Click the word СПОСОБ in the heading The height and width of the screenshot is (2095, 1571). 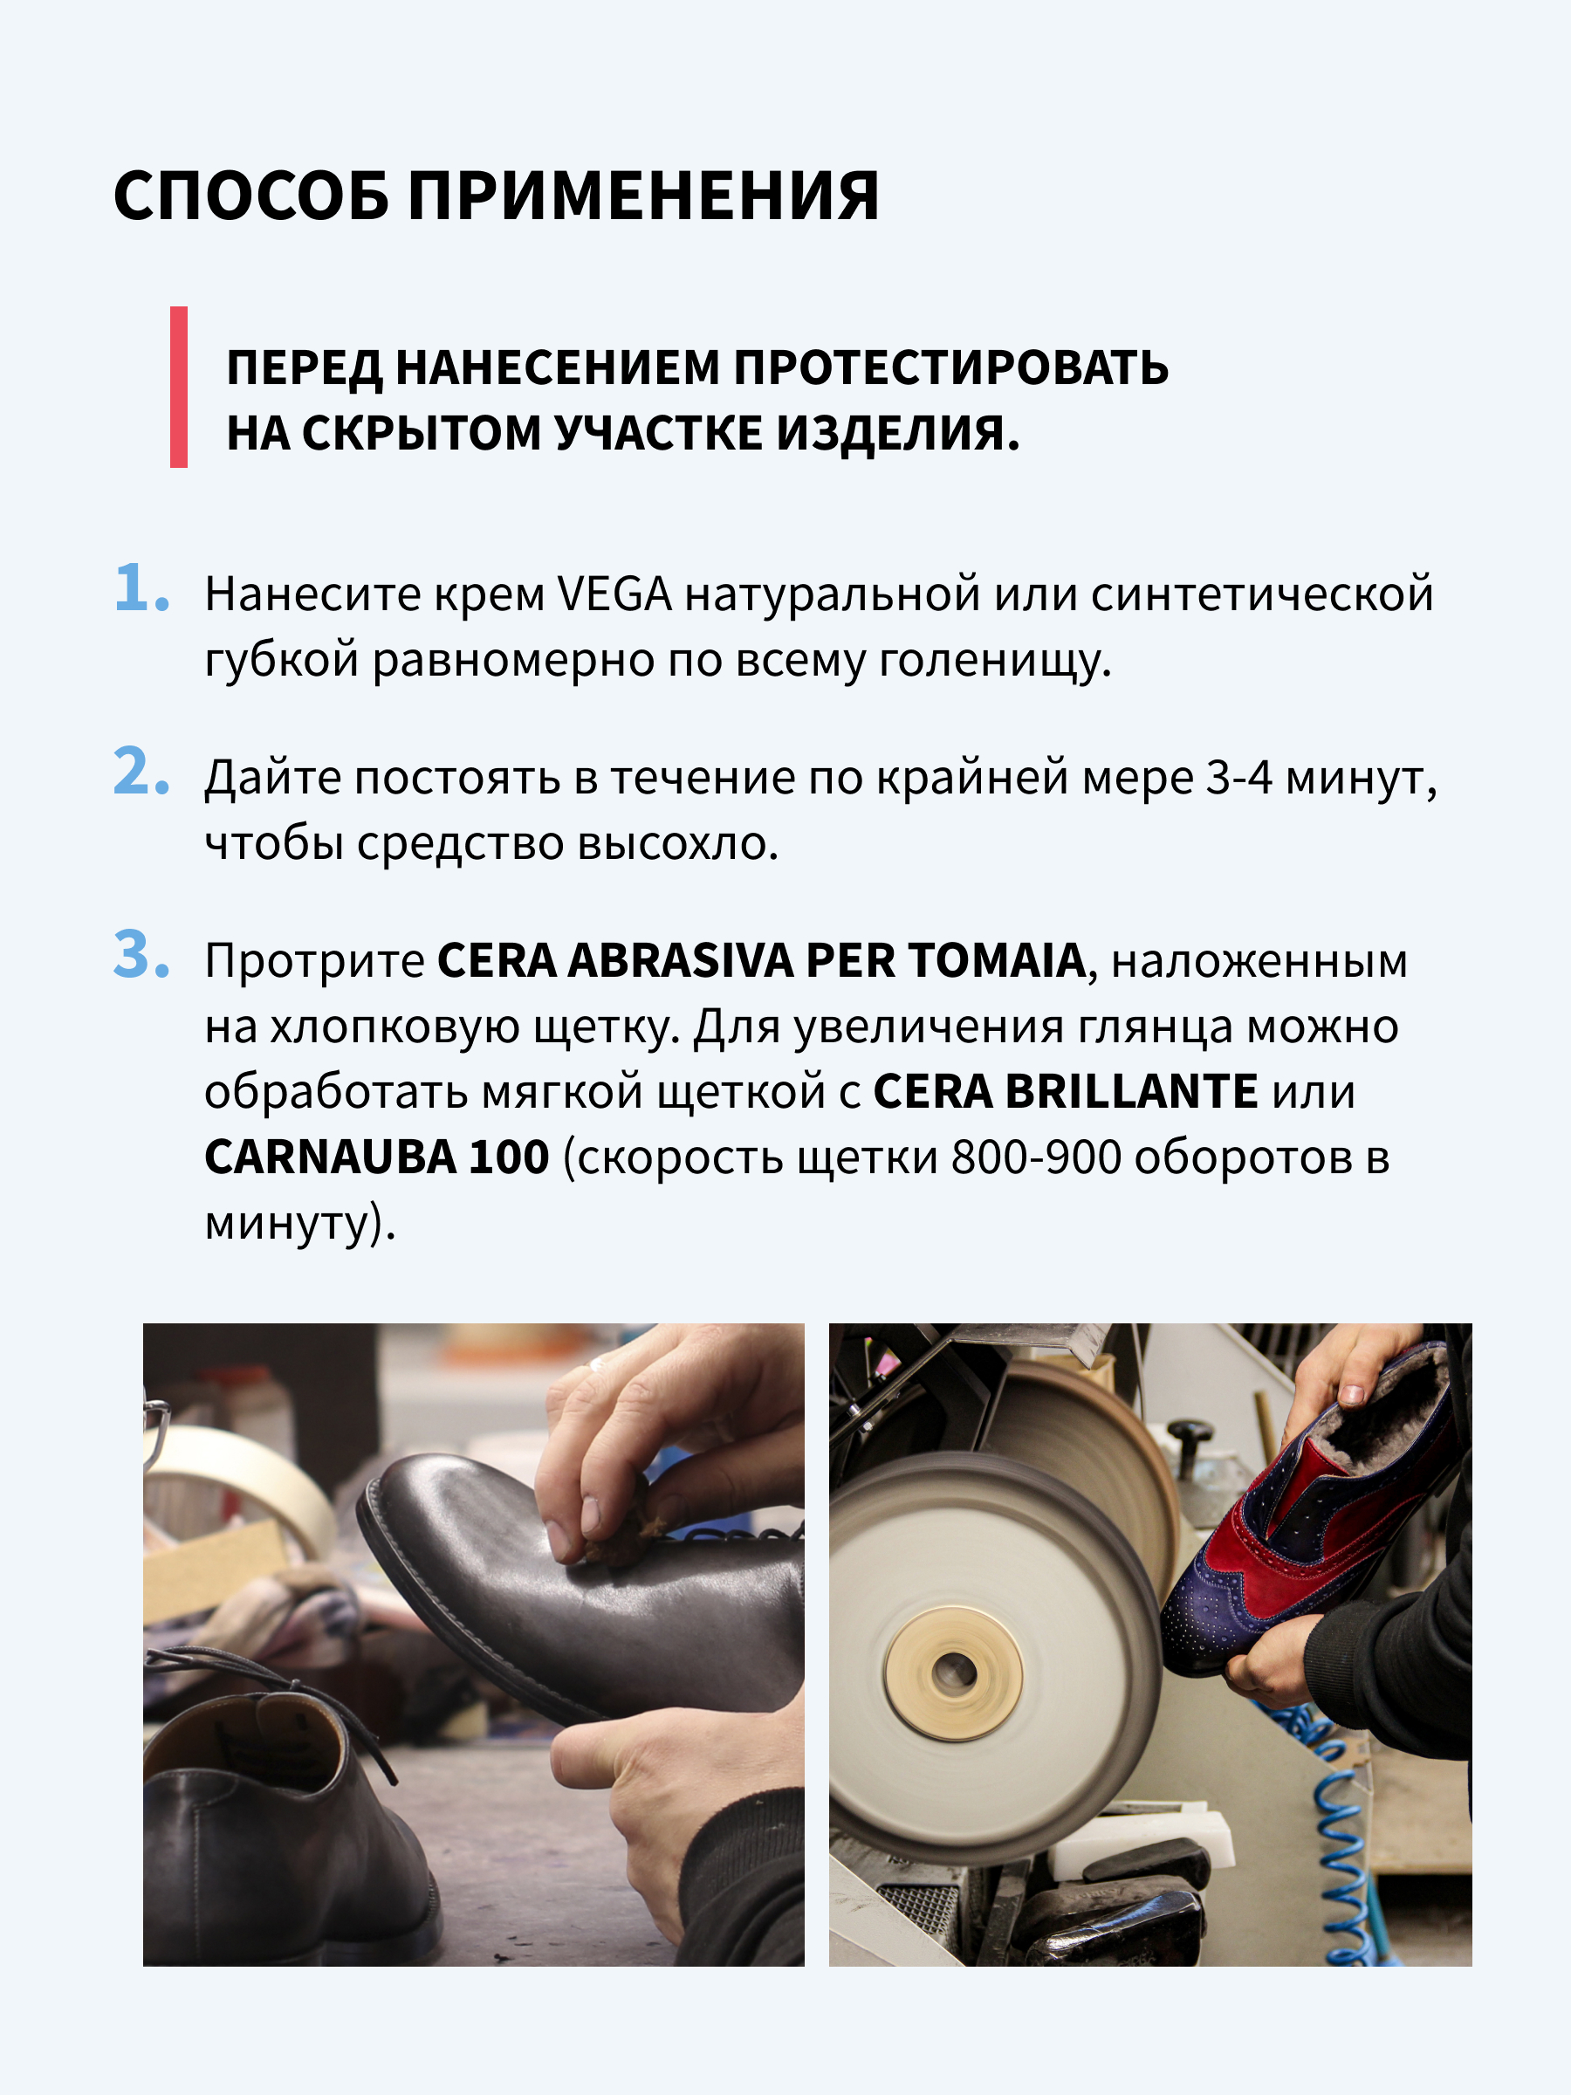(x=251, y=196)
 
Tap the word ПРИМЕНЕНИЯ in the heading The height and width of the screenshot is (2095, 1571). (x=644, y=196)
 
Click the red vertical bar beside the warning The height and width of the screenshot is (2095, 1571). (x=178, y=387)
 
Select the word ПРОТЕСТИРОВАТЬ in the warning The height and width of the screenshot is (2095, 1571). (x=951, y=367)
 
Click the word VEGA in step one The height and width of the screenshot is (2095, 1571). (x=614, y=594)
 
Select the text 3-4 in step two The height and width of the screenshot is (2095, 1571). (x=1238, y=779)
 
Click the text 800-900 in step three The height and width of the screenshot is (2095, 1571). (x=1036, y=1157)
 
